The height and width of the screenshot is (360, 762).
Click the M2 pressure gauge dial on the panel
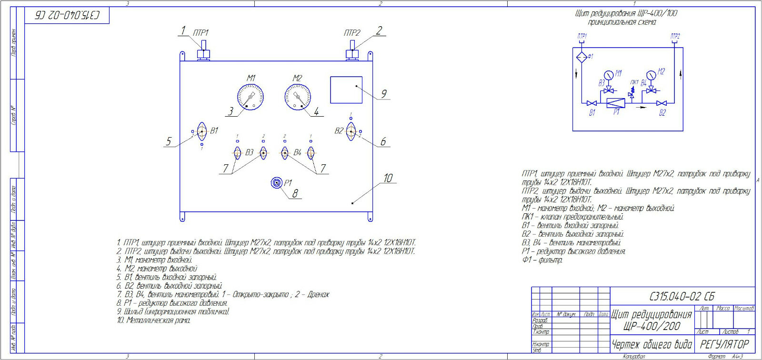pos(298,97)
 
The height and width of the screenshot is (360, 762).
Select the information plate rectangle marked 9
pos(346,90)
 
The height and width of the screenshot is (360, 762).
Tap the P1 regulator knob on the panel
pos(276,183)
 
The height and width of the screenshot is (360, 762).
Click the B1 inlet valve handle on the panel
pos(201,131)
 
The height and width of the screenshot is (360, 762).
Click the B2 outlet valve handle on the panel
pos(351,131)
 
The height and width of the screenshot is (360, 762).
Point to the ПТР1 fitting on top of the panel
pos(204,50)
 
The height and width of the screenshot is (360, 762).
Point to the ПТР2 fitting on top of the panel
pos(352,50)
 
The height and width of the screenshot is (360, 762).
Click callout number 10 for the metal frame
pos(388,178)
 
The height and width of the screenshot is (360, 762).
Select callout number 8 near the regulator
pos(295,193)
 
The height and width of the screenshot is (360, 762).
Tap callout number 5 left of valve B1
pos(169,141)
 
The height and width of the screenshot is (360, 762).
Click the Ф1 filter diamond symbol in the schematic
pos(582,57)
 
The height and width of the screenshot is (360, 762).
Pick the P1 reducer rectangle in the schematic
pos(615,102)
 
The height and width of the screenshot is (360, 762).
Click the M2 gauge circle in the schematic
pos(651,75)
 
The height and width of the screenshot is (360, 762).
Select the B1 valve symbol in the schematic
pos(592,103)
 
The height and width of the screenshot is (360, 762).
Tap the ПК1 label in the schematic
pos(634,82)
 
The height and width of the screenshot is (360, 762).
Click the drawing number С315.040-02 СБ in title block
pos(682,296)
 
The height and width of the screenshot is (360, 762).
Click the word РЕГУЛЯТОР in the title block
pos(724,344)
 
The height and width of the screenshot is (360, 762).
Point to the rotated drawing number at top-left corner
pos(68,15)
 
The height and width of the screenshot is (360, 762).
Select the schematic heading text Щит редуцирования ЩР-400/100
pos(625,13)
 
